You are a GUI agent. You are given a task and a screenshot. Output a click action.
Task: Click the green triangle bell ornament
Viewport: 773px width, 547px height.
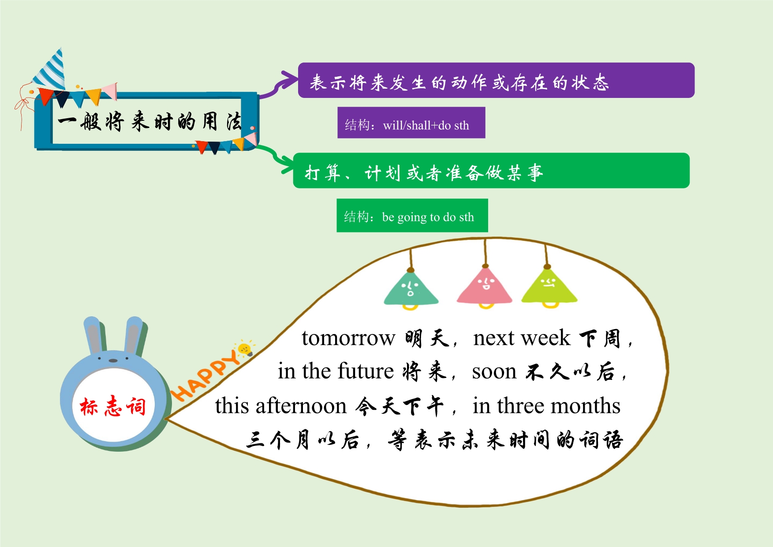click(x=411, y=289)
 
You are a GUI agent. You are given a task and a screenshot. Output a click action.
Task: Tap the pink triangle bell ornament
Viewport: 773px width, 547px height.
click(x=485, y=288)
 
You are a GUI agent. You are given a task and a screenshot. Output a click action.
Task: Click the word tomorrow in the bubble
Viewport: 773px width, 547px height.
click(x=348, y=338)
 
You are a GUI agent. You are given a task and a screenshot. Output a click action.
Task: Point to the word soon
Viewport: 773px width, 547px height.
click(x=494, y=372)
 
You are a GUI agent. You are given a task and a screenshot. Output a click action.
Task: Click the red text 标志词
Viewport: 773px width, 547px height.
click(x=113, y=406)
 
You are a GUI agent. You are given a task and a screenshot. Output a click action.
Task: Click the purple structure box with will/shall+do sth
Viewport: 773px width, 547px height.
click(x=411, y=123)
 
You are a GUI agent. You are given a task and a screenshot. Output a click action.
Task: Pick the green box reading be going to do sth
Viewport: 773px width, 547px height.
click(x=412, y=215)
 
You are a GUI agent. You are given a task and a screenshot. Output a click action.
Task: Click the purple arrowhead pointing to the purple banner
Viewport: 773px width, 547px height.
click(x=289, y=81)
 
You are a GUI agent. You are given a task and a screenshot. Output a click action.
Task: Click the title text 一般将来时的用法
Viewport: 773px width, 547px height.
click(x=150, y=121)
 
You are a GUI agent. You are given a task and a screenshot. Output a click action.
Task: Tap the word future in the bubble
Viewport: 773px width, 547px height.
click(x=366, y=371)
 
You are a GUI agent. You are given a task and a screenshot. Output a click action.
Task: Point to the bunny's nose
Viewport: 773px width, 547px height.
click(x=113, y=360)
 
